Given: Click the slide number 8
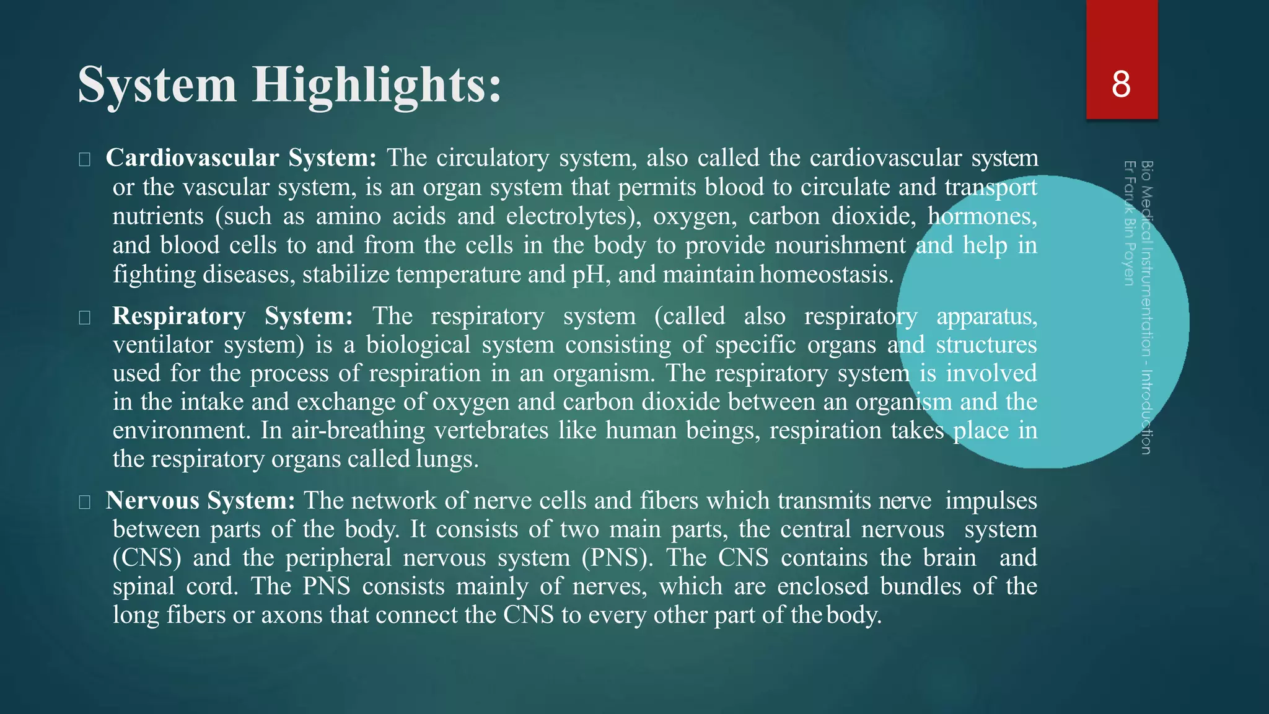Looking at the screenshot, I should (x=1121, y=84).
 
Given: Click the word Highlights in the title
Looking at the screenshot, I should (x=376, y=86).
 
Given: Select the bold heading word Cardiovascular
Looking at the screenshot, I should (x=192, y=158).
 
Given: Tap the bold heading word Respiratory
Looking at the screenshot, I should (x=179, y=316).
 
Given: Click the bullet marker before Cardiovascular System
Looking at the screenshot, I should (x=85, y=160).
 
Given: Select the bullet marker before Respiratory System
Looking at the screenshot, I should (x=85, y=318).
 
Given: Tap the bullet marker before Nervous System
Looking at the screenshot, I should (x=85, y=502).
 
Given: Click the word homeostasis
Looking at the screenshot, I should (x=827, y=275).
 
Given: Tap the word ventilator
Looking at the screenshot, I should (x=163, y=345).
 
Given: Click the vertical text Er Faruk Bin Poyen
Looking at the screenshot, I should (x=1129, y=223).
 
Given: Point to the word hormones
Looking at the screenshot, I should (x=982, y=216).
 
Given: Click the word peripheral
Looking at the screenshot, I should (x=338, y=558).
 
